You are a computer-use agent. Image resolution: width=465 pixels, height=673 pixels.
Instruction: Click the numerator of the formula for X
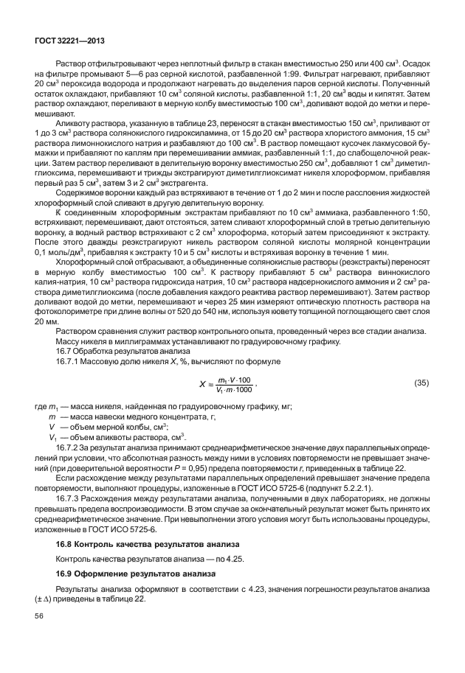click(235, 379)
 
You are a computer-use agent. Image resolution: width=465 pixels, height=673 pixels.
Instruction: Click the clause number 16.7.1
click(69, 362)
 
